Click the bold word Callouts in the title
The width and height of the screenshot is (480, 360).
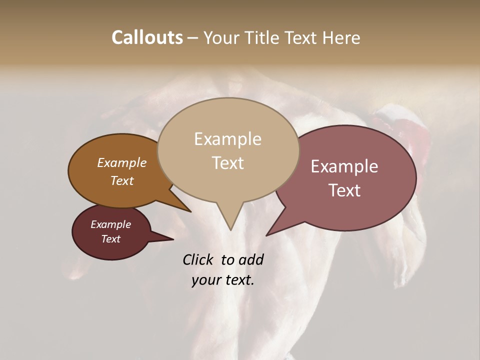[147, 37]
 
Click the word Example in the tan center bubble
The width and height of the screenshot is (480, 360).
[227, 139]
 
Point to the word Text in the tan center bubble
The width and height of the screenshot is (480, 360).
[227, 163]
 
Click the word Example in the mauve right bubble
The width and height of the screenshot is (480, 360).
[344, 166]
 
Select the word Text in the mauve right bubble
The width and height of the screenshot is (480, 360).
[344, 190]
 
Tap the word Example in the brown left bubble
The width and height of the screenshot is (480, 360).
[121, 162]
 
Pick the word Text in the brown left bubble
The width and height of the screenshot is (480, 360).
[121, 180]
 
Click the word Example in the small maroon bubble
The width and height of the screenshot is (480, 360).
[110, 224]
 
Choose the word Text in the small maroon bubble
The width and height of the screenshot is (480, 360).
[110, 239]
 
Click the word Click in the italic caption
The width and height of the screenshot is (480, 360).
[199, 259]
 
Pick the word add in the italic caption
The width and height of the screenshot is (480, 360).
[251, 259]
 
